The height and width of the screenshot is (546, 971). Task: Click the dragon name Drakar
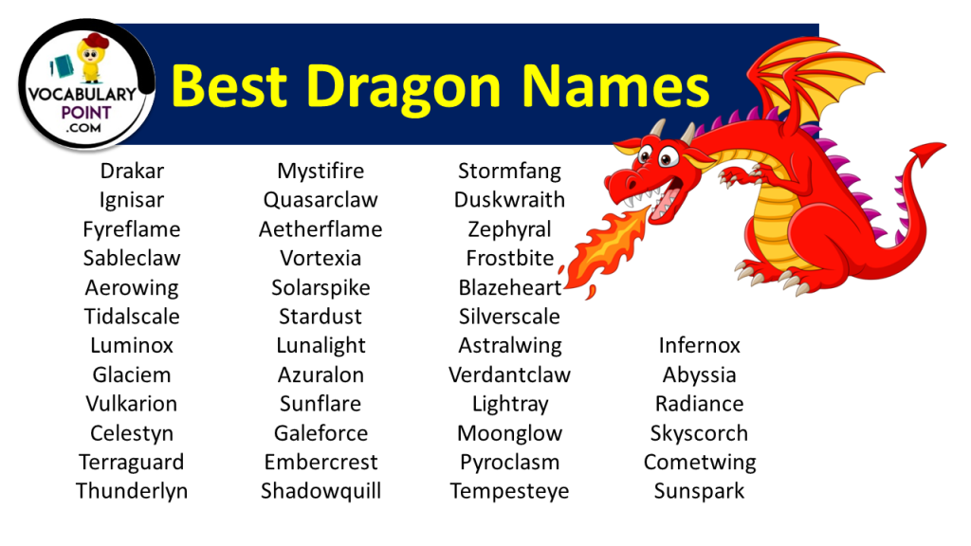(x=132, y=172)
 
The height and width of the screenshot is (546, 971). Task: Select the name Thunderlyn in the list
(x=132, y=491)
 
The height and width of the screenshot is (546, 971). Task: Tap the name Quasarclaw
(x=321, y=200)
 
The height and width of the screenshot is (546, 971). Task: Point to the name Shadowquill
(x=321, y=491)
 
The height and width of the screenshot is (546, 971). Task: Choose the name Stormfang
(x=509, y=172)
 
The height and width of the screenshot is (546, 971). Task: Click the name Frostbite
(x=509, y=258)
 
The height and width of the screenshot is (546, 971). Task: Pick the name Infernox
(x=699, y=345)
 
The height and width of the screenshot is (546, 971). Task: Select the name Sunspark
(x=699, y=491)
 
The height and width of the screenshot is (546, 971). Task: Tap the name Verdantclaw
(x=509, y=374)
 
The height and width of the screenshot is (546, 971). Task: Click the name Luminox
(x=132, y=345)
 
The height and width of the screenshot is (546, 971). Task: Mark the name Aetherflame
(x=321, y=229)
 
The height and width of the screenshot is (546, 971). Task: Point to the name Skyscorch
(x=699, y=433)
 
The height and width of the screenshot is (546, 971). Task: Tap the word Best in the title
(x=229, y=85)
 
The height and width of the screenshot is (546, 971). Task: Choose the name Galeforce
(x=321, y=433)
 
